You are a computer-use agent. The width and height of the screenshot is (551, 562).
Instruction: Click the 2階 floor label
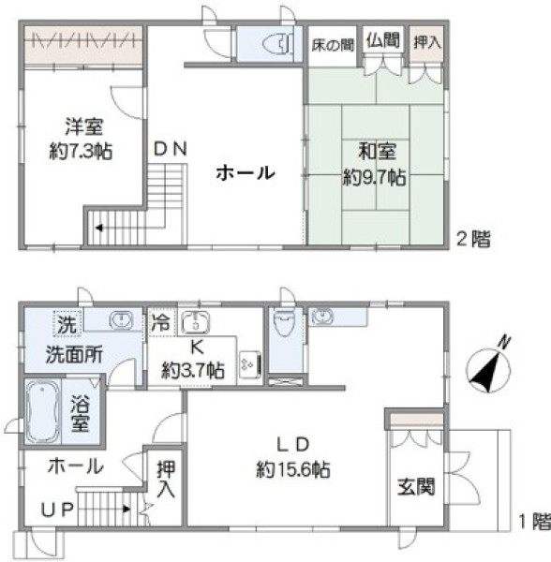point(473,239)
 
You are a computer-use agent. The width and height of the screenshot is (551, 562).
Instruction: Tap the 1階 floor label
point(530,520)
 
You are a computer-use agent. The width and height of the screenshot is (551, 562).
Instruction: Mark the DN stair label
point(171,148)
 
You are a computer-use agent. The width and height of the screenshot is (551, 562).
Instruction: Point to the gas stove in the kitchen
point(249,361)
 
